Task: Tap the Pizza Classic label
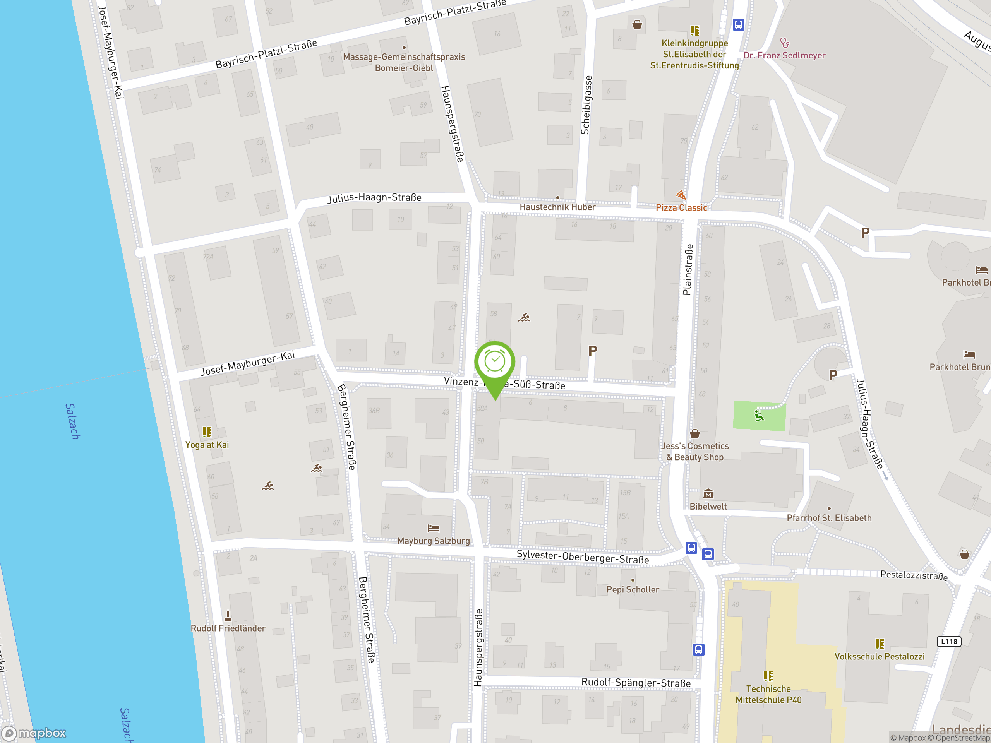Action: (681, 207)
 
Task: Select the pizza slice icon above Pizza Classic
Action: (681, 195)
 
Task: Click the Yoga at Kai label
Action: (207, 445)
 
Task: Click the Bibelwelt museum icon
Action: (708, 494)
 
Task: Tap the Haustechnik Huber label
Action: (557, 207)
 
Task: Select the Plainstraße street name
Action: (687, 270)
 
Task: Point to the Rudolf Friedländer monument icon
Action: (228, 616)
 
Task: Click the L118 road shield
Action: (948, 641)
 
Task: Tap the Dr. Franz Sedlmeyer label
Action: (784, 55)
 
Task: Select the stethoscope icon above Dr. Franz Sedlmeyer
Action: (784, 43)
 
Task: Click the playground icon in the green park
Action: (758, 416)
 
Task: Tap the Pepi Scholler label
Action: (633, 589)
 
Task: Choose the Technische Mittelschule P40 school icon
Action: (768, 676)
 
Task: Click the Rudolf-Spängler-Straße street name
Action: (636, 683)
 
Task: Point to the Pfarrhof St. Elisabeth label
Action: (829, 518)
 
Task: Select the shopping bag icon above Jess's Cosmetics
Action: (694, 433)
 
